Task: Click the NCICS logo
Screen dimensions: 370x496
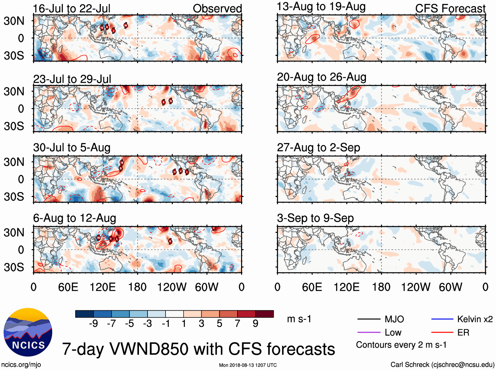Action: (28, 332)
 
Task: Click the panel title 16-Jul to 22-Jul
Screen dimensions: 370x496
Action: (72, 9)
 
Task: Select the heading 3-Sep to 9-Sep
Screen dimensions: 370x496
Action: (315, 218)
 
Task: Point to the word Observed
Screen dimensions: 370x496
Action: (217, 9)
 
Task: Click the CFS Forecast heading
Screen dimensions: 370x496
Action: (450, 9)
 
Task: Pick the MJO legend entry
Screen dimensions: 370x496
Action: (394, 319)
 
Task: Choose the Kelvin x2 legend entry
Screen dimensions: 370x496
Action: (475, 319)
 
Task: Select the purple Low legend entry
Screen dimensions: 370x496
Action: (393, 333)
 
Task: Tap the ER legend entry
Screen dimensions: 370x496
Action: (463, 333)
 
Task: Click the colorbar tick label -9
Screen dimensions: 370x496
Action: (93, 324)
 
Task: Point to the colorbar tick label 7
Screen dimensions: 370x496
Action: (237, 324)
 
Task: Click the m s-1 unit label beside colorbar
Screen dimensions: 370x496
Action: (299, 319)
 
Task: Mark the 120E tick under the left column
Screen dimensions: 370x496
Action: (102, 287)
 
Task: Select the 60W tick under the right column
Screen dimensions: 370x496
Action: (450, 287)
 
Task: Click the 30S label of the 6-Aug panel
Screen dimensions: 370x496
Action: (14, 267)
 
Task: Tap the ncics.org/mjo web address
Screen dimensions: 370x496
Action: (21, 364)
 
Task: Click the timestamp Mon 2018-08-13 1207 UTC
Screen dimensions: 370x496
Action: (248, 365)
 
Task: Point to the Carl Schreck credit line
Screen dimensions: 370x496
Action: (442, 364)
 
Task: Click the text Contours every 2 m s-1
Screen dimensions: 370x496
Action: (401, 345)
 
